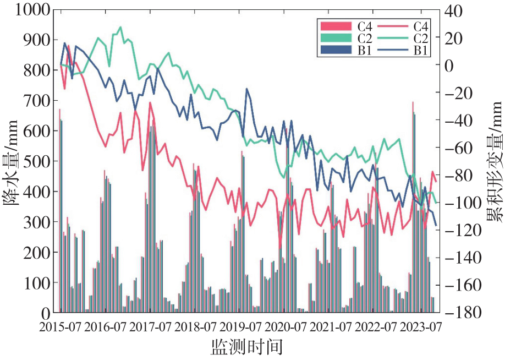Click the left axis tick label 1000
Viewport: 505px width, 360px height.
32,10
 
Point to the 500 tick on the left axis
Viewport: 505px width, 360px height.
37,161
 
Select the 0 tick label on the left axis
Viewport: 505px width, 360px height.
46,313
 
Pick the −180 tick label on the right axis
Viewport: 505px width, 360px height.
463,312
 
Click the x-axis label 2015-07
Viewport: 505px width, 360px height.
60,328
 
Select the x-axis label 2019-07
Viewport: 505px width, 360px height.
240,328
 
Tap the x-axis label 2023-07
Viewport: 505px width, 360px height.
420,328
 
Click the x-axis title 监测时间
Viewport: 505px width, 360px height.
246,347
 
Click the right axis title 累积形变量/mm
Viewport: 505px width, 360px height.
495,162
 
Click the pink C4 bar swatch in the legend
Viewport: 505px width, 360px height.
336,26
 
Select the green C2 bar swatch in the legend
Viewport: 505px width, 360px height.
336,38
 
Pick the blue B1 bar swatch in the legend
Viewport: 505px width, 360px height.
336,50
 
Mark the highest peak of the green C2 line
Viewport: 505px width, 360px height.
120,28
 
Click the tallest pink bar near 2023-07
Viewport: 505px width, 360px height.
413,207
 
